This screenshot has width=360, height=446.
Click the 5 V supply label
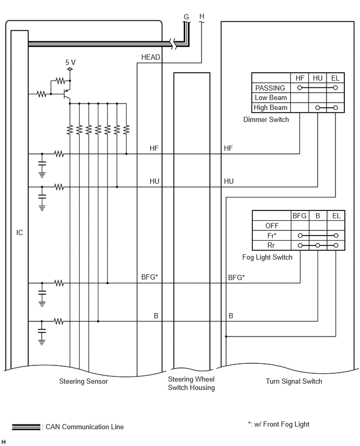tap(71, 62)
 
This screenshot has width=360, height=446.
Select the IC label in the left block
tap(19, 232)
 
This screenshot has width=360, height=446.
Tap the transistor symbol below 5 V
tap(67, 94)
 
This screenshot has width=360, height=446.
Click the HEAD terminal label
tap(151, 58)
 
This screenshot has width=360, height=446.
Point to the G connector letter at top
tap(186, 17)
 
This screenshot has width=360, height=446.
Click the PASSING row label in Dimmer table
tap(270, 88)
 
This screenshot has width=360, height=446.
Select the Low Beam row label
tap(271, 97)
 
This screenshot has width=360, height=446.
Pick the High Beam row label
tap(271, 107)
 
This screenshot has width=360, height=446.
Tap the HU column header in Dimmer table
tap(318, 78)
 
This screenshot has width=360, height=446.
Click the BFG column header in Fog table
tap(299, 216)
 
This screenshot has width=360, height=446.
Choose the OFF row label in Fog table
tap(272, 226)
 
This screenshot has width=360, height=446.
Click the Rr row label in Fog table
tap(271, 245)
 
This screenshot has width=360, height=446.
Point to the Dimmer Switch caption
tap(266, 119)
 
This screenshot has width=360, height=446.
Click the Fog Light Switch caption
tap(267, 257)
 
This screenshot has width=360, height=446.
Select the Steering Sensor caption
tap(83, 381)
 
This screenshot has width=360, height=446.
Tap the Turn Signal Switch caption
tap(294, 381)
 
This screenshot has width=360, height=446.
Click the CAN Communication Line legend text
tap(85, 427)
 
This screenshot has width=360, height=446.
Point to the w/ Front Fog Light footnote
tap(279, 425)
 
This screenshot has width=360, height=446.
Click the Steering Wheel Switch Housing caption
tap(192, 383)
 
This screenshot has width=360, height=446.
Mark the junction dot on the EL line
tap(226, 337)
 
